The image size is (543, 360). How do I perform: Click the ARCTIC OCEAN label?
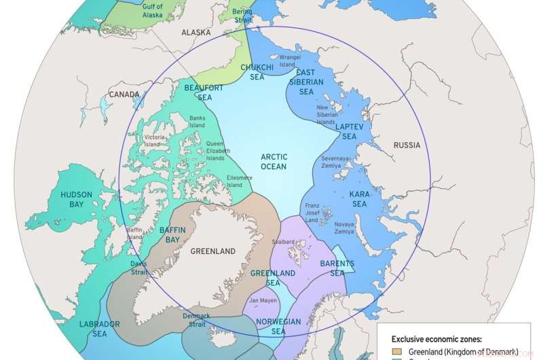point(274,162)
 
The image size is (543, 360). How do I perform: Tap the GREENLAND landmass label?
point(212,251)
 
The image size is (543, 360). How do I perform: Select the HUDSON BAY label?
point(76,198)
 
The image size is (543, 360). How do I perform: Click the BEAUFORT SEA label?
point(204,92)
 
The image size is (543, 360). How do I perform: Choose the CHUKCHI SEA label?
point(257,72)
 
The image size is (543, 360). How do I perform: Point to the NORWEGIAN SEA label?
point(279,325)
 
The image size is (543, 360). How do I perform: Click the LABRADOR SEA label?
point(99,329)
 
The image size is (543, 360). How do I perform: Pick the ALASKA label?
point(195,32)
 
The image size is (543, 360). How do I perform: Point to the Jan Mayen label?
point(263,300)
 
